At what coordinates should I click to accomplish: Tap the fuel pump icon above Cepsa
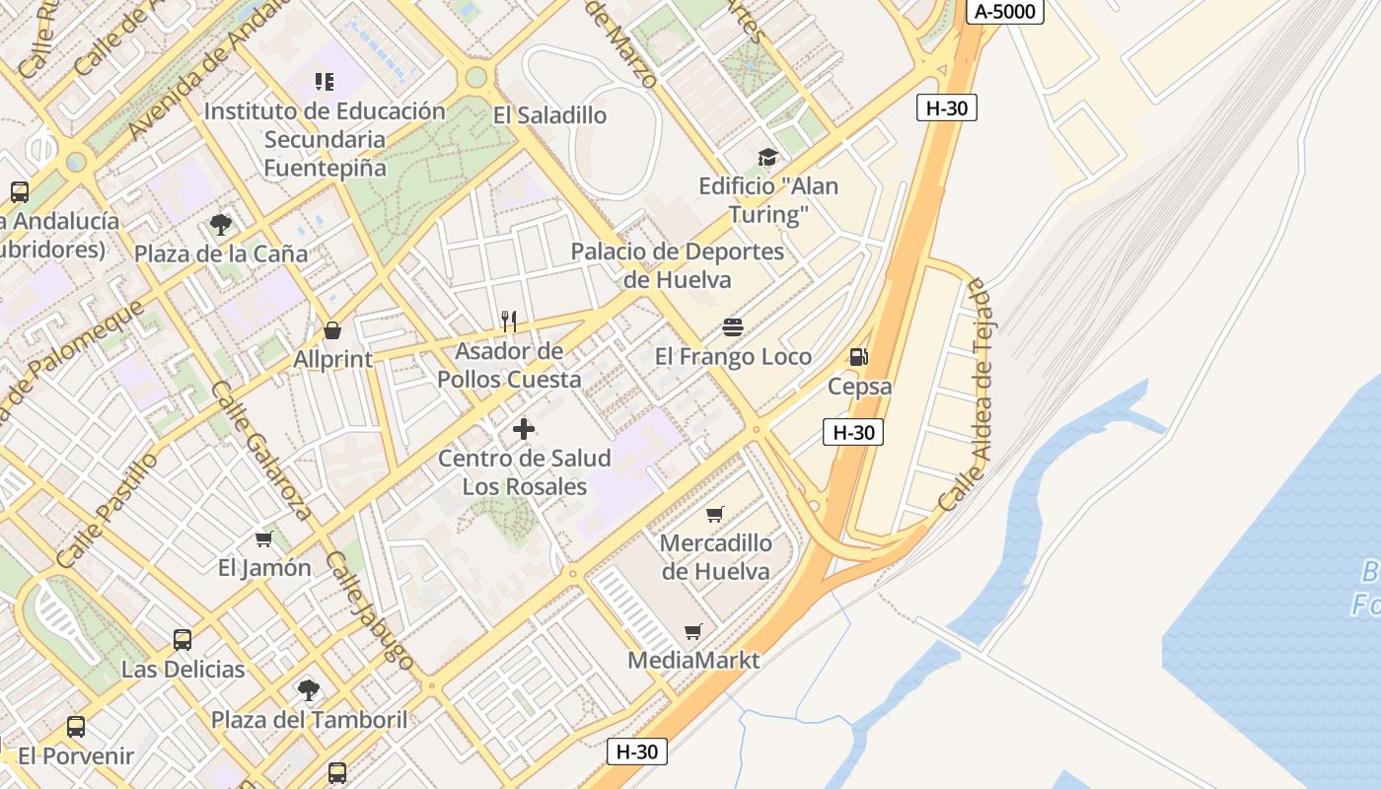(859, 357)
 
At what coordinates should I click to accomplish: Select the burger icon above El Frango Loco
(733, 326)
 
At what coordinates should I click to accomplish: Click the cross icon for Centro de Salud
(524, 429)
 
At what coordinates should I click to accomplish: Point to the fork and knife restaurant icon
(509, 321)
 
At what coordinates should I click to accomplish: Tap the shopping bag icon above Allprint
(332, 330)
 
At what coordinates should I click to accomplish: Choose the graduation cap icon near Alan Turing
(767, 158)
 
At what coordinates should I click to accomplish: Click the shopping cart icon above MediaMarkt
(693, 631)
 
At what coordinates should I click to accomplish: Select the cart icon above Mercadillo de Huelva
(715, 514)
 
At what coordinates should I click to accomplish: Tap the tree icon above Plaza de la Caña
(221, 224)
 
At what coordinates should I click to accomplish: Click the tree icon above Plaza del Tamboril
(309, 689)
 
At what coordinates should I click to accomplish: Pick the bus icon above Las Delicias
(182, 640)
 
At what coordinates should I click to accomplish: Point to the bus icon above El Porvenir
(76, 727)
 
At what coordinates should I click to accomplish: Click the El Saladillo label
(549, 115)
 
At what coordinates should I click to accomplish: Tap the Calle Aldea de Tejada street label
(969, 394)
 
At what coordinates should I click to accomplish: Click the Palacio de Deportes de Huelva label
(678, 265)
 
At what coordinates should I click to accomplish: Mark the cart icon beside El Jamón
(264, 538)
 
